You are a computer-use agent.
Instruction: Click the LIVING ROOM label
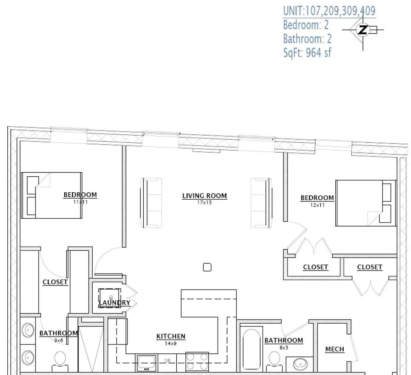204,196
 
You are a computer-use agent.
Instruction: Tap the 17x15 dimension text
204,202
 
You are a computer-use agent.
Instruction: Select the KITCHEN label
171,336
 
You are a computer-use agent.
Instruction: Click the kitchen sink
146,362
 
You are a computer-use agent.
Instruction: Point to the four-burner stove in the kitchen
197,362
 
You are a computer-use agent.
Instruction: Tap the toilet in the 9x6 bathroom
60,360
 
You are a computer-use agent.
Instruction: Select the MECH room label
335,349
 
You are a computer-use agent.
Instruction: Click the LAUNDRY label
115,302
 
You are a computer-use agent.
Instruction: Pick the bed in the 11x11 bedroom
52,195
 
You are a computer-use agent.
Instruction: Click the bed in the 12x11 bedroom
366,203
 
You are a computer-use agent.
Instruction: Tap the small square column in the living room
207,267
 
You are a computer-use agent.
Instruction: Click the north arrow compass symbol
363,30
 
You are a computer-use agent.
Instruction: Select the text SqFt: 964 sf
307,53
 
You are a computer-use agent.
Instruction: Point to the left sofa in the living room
151,203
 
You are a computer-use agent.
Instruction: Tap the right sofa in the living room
261,203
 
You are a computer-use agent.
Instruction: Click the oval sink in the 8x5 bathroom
300,364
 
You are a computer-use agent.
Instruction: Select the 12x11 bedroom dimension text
317,205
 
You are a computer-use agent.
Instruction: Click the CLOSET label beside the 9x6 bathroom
55,282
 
